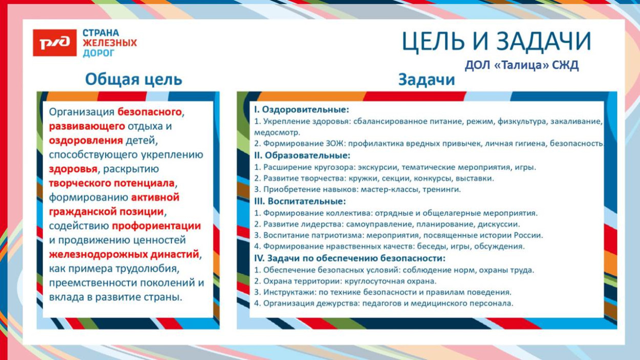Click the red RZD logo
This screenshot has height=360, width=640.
(55, 43)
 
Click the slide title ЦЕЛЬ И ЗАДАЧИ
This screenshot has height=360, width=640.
(496, 41)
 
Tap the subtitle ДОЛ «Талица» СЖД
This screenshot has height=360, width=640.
(522, 66)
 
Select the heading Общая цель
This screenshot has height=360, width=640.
(133, 79)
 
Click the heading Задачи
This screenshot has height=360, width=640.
(426, 79)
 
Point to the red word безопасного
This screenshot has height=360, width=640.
(150, 111)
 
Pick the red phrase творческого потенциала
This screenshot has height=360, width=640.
(112, 183)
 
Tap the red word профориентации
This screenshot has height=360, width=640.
(156, 226)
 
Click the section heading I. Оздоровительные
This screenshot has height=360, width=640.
(302, 110)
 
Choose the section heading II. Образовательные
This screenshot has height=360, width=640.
(302, 155)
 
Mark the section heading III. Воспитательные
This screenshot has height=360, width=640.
(300, 201)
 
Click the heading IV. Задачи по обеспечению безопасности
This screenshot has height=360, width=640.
(350, 258)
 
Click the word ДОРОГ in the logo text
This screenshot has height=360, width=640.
(98, 53)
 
